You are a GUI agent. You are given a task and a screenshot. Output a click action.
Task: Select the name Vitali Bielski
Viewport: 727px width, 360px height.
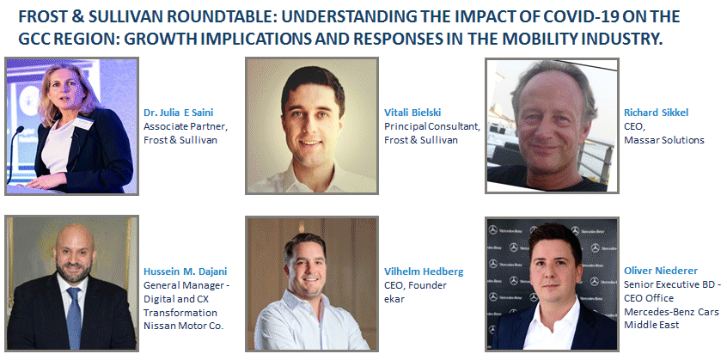(412, 113)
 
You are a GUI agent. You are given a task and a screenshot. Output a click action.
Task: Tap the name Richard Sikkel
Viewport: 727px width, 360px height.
(656, 113)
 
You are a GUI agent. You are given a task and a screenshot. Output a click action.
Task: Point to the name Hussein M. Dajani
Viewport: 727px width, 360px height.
(186, 272)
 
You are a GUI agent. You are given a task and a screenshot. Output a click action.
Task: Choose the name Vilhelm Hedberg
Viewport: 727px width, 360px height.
(424, 272)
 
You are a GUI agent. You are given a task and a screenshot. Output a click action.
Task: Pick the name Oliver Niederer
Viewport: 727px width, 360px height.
(661, 271)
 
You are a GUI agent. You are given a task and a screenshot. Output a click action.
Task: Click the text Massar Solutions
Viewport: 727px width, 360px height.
(664, 140)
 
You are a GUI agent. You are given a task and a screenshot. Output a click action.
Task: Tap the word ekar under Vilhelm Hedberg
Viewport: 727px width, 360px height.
(394, 299)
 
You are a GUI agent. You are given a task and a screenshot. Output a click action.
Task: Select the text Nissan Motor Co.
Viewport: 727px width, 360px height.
(184, 326)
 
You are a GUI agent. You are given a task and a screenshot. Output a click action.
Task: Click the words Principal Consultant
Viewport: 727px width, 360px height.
(432, 126)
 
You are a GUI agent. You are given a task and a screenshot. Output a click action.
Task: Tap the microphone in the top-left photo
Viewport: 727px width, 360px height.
(14, 153)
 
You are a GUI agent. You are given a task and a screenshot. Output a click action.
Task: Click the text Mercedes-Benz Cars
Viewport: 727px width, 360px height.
(671, 311)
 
